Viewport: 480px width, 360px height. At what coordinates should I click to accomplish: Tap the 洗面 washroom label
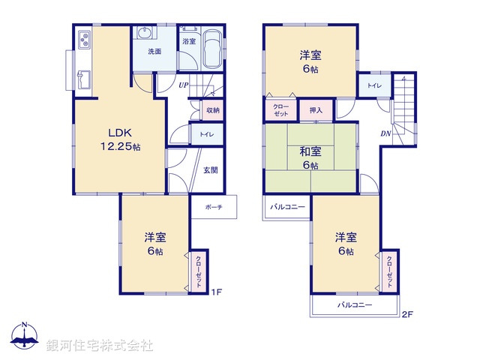click(154, 52)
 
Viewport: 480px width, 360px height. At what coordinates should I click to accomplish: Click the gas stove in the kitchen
click(82, 38)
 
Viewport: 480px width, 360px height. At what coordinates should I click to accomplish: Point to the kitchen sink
click(84, 79)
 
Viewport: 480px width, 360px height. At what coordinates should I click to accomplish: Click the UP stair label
click(183, 85)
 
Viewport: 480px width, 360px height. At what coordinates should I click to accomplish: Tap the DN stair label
click(385, 133)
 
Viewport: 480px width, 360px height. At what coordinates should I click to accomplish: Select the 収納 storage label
click(213, 110)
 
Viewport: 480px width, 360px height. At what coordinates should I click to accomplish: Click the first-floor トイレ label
click(205, 135)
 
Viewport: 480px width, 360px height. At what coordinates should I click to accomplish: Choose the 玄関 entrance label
click(211, 169)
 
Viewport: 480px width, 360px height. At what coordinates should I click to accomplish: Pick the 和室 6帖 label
click(311, 158)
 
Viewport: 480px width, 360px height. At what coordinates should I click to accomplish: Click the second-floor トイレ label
click(373, 86)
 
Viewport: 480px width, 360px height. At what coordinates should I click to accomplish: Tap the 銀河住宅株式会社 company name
click(100, 346)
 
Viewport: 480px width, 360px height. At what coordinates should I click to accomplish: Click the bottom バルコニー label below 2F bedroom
click(354, 305)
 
